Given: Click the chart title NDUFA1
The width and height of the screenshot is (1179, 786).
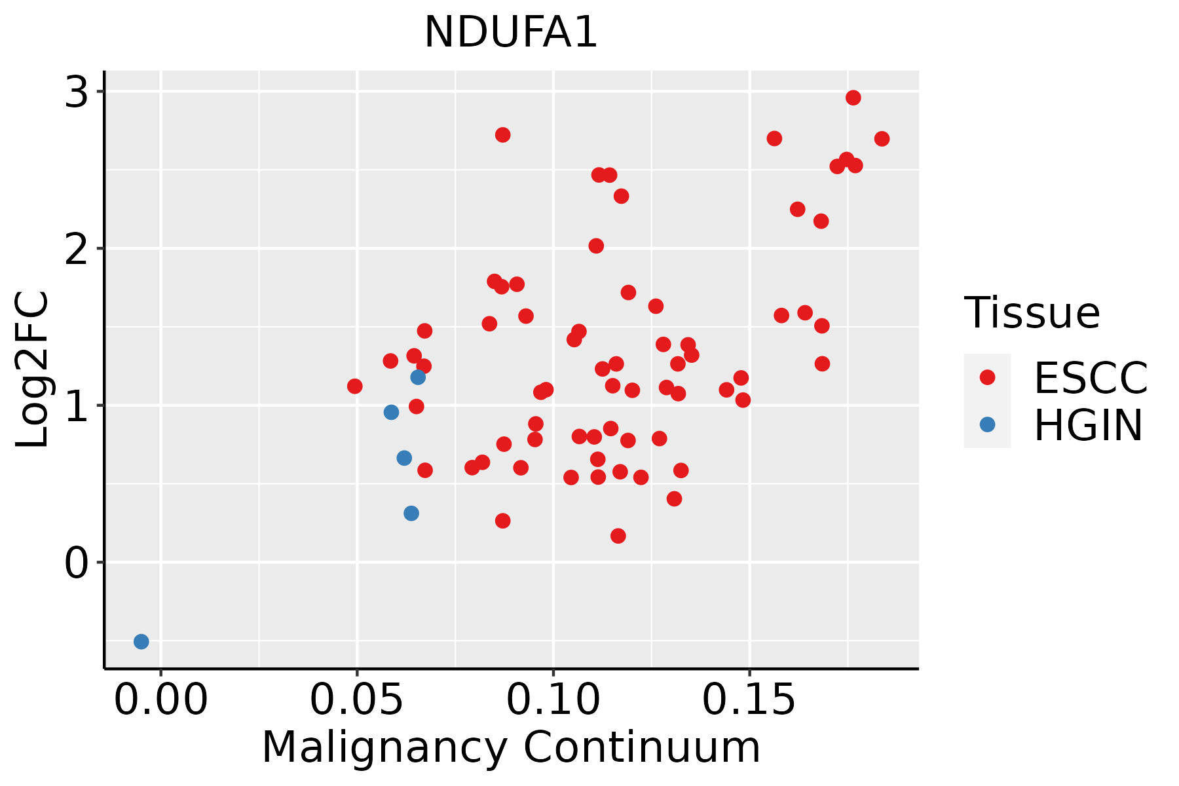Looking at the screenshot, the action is (x=511, y=32).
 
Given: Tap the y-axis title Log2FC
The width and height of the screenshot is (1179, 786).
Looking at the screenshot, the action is (x=33, y=370).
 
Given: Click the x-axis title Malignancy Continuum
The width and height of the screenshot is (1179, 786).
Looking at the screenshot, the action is (x=511, y=748).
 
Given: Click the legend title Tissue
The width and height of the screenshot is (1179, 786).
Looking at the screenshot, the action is (x=1032, y=313).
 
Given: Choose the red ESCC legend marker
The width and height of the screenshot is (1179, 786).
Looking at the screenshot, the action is (x=987, y=377).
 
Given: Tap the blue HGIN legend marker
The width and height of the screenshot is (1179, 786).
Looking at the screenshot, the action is (x=987, y=424).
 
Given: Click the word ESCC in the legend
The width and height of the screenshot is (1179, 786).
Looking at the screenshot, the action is (x=1091, y=378).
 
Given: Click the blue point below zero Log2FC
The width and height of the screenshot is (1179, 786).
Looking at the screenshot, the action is (x=141, y=641).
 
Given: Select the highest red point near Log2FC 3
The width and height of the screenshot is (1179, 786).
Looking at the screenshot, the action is (x=853, y=98).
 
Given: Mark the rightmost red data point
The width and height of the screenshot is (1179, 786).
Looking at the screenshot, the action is (x=882, y=139).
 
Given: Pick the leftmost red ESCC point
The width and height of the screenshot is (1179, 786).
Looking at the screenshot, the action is (x=355, y=386).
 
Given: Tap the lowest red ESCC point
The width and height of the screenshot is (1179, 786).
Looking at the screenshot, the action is (x=618, y=536).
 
